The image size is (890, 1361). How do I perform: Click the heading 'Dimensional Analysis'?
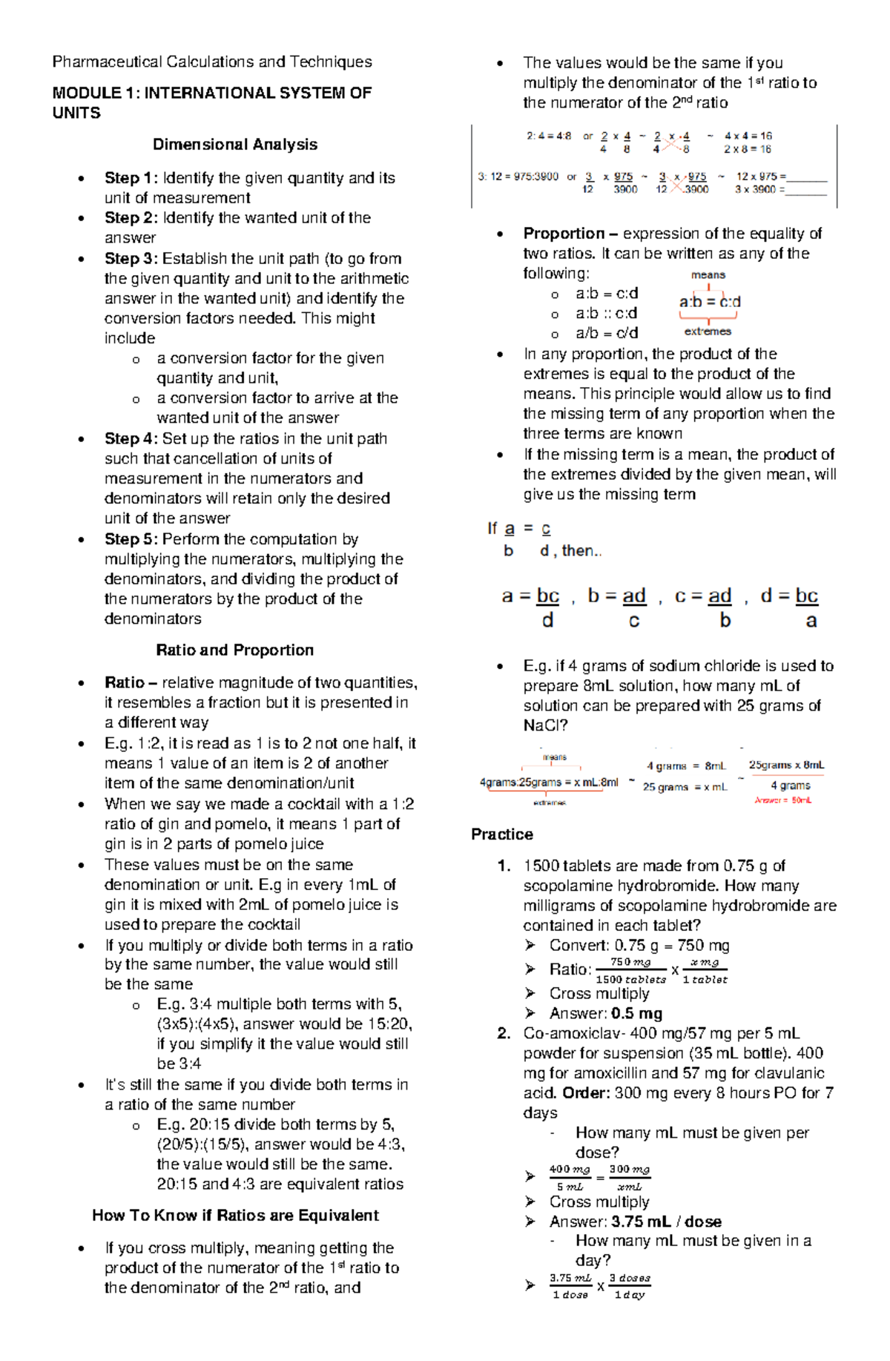coord(235,145)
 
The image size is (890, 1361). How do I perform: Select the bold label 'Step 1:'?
coord(131,178)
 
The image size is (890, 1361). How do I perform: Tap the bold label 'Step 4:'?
coord(131,438)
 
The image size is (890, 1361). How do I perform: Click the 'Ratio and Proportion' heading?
coord(235,650)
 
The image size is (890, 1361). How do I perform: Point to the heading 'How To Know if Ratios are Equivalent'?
coord(235,1215)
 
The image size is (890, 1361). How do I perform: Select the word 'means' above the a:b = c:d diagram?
coord(708,275)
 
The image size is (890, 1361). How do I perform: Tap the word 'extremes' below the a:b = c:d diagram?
coord(708,332)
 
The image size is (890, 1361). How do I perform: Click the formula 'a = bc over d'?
coord(531,607)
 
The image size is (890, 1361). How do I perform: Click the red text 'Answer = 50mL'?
coord(783,800)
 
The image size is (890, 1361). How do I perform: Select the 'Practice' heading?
coord(502,834)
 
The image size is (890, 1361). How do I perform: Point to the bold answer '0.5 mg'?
coord(637,1013)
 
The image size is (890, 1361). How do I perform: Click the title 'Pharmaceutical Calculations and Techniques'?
coord(212,62)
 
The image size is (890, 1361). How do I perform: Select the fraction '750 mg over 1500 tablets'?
coord(630,970)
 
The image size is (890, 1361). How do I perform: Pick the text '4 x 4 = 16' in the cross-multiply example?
coord(748,136)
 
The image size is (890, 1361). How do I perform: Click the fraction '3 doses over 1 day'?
coord(630,1286)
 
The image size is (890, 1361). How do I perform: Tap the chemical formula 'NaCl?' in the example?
coord(544,725)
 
